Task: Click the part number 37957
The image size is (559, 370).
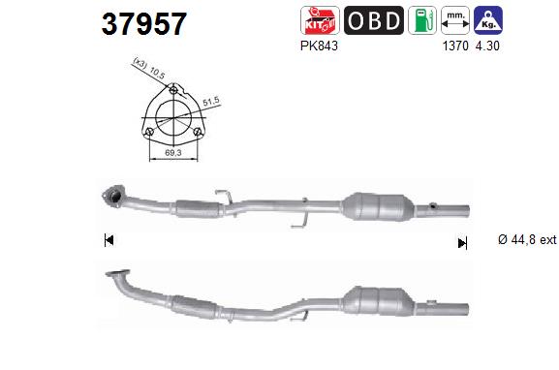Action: (144, 24)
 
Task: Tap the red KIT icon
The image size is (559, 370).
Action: (322, 20)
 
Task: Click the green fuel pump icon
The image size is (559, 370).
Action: (421, 20)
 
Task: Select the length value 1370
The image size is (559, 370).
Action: (454, 46)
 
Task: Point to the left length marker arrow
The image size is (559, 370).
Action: (109, 240)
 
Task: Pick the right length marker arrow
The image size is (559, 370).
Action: (462, 242)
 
